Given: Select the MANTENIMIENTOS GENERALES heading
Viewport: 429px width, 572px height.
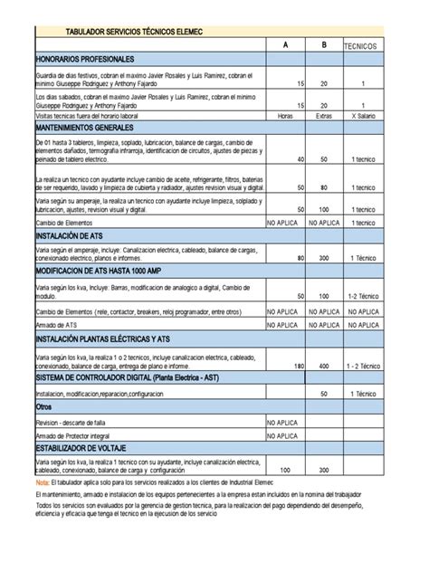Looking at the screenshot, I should tap(90, 128).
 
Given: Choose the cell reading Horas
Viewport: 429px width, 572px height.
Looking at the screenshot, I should tap(285, 116).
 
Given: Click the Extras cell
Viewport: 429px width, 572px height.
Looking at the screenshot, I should tap(323, 116).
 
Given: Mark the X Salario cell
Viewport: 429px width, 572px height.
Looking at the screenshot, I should tap(362, 116).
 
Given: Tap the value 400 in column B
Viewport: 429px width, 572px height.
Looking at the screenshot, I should tap(324, 366).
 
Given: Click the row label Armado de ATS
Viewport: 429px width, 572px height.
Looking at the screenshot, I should tap(56, 323).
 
